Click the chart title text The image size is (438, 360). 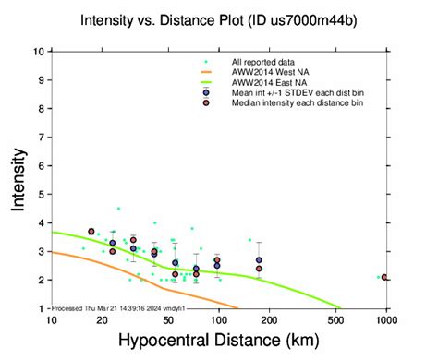click(x=217, y=19)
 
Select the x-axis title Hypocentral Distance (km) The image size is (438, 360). click(x=219, y=342)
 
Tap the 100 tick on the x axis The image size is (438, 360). click(x=218, y=319)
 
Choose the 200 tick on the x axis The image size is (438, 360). click(x=269, y=319)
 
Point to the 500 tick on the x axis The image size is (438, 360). click(x=336, y=319)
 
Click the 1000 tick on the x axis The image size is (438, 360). click(x=386, y=319)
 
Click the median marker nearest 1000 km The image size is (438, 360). click(x=383, y=277)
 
